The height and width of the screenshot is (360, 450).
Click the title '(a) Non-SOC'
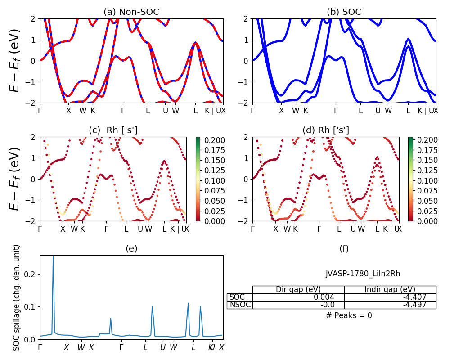tap(131, 12)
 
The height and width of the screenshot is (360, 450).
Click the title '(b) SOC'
tap(344, 12)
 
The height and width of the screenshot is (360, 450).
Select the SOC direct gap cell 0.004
tap(298, 297)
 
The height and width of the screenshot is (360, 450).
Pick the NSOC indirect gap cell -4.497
tap(390, 305)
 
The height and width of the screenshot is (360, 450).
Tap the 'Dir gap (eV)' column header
tap(298, 289)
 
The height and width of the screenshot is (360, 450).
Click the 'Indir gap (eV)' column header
tap(390, 289)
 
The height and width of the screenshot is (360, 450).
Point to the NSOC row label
tap(239, 305)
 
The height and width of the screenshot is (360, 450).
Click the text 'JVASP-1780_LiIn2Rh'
tap(363, 274)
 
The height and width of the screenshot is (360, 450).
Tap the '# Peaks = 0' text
tap(349, 315)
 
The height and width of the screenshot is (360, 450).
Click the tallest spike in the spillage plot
tap(53, 256)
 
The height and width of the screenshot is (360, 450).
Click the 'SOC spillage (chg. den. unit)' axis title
tap(17, 297)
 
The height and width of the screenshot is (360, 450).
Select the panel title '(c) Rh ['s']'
tap(113, 130)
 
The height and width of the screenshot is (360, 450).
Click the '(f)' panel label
tap(344, 248)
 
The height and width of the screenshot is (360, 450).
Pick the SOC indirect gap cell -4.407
tap(390, 297)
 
